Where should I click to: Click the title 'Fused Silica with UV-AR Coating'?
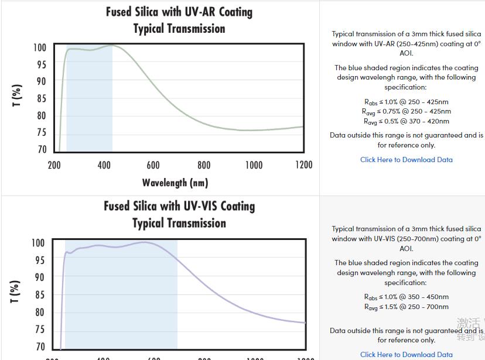[x=179, y=12]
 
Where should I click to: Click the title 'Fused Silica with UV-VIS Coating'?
[x=179, y=206]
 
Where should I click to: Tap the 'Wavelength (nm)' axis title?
[x=175, y=183]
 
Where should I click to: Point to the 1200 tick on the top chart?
[x=303, y=165]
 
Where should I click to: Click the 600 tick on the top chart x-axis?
[x=153, y=165]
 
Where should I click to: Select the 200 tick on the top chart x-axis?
[x=54, y=165]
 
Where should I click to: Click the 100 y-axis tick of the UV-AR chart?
[x=39, y=47]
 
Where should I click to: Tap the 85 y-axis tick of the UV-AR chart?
[x=41, y=98]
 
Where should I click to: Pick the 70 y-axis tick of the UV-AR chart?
[x=41, y=149]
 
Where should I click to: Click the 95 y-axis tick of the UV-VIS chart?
[x=39, y=259]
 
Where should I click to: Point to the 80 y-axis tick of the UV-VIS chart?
[x=39, y=312]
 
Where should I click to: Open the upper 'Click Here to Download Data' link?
[x=407, y=159]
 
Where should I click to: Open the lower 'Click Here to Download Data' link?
[x=407, y=354]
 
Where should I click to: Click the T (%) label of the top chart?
[x=17, y=95]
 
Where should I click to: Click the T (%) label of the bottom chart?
[x=16, y=291]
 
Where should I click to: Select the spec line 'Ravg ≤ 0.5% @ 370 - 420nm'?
[x=407, y=121]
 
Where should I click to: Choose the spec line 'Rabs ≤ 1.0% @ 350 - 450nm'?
[x=407, y=297]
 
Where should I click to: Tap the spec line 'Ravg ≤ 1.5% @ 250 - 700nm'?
[x=407, y=307]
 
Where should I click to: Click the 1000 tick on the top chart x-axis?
[x=254, y=165]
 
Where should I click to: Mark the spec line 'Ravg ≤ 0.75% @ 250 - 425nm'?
[x=407, y=111]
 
